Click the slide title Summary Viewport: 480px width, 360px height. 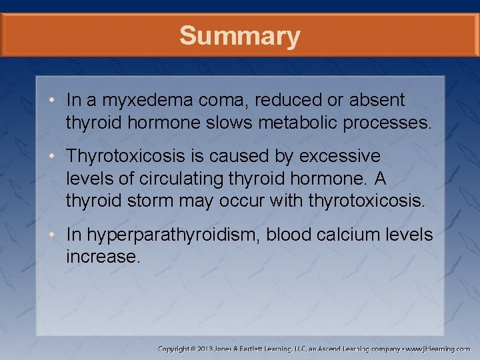click(x=239, y=36)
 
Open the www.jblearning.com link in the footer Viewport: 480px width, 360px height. click(x=439, y=349)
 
